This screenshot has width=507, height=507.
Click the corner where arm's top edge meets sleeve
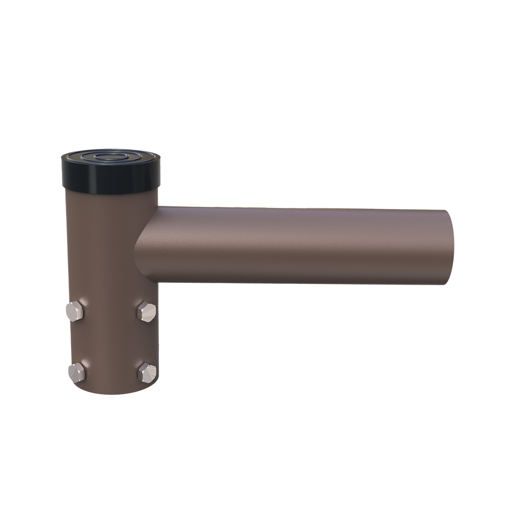[x=159, y=205]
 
